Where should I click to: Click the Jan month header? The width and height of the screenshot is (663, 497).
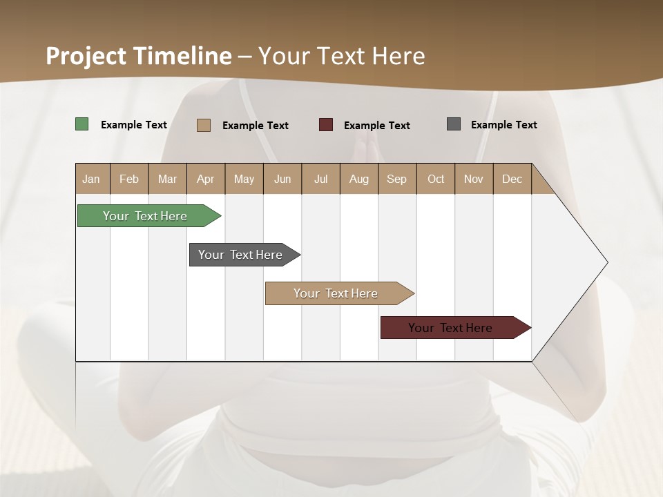[x=91, y=179]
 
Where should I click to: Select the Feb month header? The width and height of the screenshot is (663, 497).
[x=129, y=179]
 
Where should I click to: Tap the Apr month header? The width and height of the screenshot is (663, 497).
[x=206, y=179]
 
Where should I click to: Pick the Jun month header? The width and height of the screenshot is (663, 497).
[x=282, y=179]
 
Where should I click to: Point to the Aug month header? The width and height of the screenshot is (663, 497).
[x=359, y=179]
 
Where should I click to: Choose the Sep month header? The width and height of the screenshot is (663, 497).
[x=397, y=179]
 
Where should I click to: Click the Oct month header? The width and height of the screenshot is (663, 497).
[x=436, y=179]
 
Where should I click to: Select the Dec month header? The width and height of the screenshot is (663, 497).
[x=512, y=179]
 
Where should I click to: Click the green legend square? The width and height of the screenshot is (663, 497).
[x=82, y=124]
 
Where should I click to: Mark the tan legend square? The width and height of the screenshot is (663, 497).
[x=204, y=125]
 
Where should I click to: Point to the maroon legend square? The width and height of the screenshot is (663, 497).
[x=326, y=125]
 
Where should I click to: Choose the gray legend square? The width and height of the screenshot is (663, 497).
[x=454, y=124]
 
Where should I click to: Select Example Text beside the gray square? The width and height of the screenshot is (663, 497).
[x=503, y=125]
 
